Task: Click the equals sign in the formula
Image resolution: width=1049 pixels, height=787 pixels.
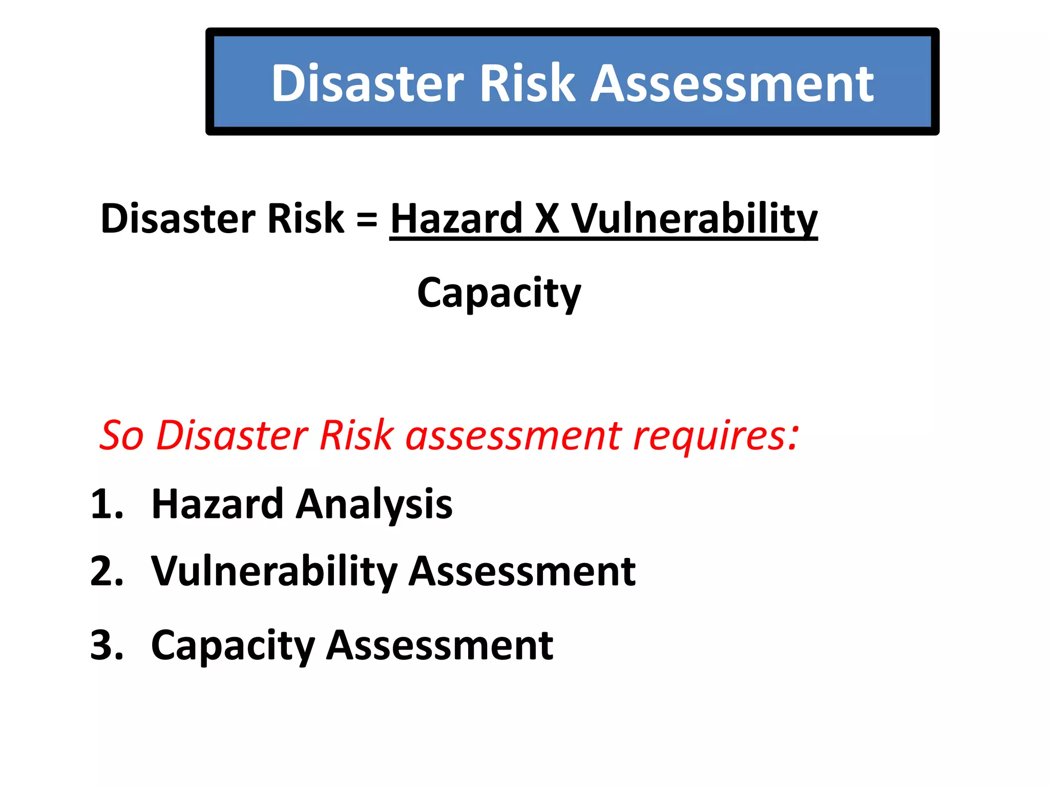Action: tap(367, 219)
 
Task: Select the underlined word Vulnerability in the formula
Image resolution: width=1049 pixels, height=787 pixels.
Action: tap(694, 219)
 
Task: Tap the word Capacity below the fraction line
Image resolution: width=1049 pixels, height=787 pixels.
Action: tap(499, 294)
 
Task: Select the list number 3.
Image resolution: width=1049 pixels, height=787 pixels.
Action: tap(106, 645)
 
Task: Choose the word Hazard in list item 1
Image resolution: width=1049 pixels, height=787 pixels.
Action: tap(217, 504)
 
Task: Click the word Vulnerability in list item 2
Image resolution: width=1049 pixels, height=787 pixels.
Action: tap(274, 572)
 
